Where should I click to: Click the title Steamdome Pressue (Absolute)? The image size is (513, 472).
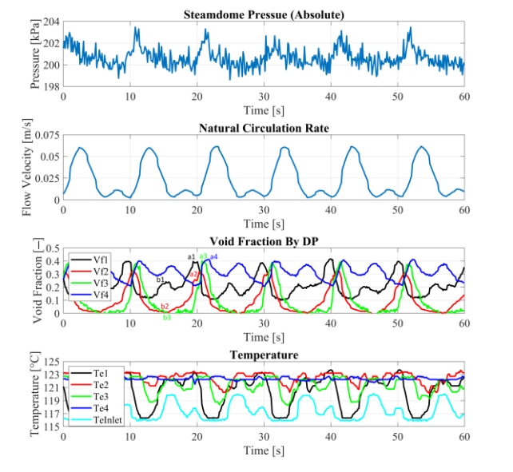point(264,14)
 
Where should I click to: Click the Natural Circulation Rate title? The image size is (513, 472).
point(264,127)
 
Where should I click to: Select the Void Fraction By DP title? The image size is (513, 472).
point(264,240)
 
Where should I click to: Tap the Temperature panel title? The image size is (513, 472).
point(264,354)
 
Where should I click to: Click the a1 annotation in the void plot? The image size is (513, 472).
point(191,256)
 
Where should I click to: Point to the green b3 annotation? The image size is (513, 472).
point(167,318)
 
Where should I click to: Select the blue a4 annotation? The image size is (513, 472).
point(214,256)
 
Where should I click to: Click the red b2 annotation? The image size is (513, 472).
point(165,307)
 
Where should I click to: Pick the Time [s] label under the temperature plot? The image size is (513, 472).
point(264,450)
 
